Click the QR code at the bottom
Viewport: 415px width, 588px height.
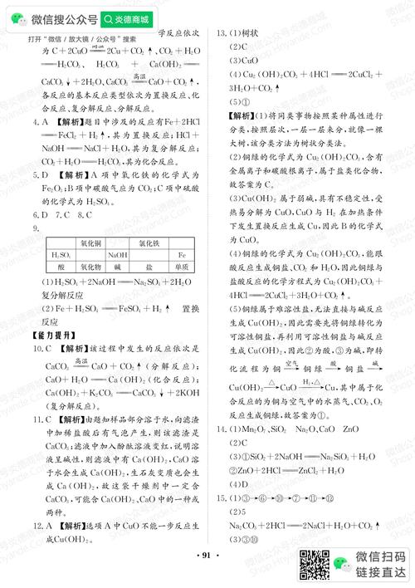(315, 565)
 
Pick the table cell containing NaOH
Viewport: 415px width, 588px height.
(117, 257)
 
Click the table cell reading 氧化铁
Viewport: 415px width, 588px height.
(150, 243)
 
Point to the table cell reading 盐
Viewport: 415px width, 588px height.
(150, 269)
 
